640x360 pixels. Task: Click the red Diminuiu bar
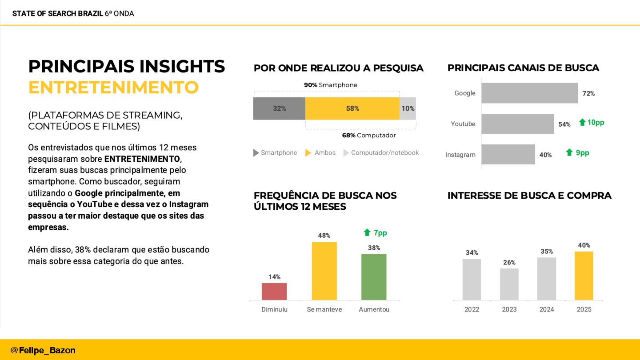point(274,291)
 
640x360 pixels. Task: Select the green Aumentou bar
point(374,276)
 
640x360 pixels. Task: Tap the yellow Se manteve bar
point(324,271)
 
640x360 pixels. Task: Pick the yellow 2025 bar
point(584,276)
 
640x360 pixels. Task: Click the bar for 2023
point(509,284)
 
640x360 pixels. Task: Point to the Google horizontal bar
point(529,93)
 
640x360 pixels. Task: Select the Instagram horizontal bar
point(508,154)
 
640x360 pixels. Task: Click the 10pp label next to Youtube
point(596,122)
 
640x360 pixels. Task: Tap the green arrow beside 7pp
point(367,232)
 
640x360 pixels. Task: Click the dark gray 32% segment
point(279,108)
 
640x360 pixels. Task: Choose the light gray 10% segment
point(408,108)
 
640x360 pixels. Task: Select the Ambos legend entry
point(320,153)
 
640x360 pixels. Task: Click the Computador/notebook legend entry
point(381,153)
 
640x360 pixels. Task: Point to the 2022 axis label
point(472,309)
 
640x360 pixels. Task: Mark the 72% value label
point(588,93)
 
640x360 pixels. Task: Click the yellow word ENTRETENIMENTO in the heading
point(113,88)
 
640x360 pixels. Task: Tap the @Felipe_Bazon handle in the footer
point(43,350)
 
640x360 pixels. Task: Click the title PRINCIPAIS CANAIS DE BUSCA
point(523,68)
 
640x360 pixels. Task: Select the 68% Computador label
point(368,136)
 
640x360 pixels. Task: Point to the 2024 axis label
point(547,309)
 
